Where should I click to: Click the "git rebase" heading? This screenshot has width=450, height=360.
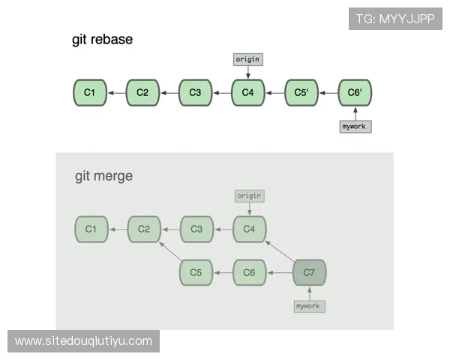coord(102,39)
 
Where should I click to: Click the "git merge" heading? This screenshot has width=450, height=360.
coord(103,176)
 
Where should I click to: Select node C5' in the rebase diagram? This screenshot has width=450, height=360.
coord(301,93)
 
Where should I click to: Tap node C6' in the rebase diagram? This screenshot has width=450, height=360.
coord(355,93)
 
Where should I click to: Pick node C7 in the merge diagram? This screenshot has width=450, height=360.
coord(309,272)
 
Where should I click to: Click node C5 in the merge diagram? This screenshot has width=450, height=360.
coord(196,272)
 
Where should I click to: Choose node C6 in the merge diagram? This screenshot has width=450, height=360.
coord(250,272)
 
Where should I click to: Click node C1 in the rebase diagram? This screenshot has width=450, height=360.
coord(89,93)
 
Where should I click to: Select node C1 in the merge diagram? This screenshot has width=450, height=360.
coord(91,229)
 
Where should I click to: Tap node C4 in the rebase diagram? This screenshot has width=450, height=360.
coord(248,93)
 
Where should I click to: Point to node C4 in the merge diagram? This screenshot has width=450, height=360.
coord(250,229)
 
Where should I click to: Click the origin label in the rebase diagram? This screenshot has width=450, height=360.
coord(248,59)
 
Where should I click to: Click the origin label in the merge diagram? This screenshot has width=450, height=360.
coord(250,196)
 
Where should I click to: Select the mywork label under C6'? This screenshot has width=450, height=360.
coord(355,127)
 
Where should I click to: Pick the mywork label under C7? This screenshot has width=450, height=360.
coord(309,306)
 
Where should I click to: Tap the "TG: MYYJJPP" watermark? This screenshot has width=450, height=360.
coord(395,19)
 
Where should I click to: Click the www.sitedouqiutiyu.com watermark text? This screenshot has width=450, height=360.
coord(83,341)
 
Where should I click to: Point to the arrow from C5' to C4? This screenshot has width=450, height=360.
coord(275,93)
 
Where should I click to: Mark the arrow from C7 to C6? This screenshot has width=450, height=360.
coord(279,272)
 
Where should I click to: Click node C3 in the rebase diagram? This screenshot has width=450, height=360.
coord(195,93)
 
